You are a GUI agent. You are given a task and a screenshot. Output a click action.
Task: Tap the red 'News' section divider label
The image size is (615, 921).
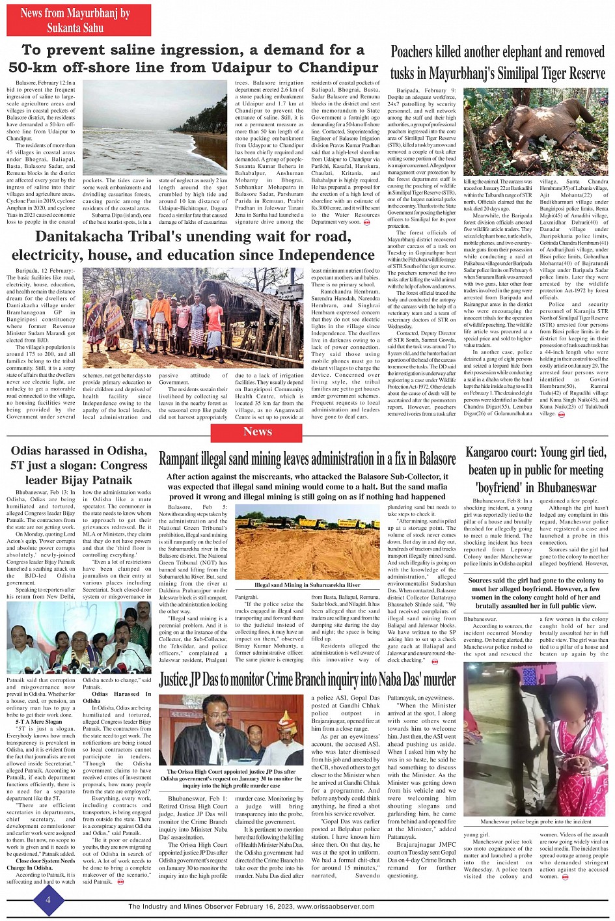tap(258, 432)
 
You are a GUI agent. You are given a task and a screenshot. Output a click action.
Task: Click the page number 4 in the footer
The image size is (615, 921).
tap(48, 900)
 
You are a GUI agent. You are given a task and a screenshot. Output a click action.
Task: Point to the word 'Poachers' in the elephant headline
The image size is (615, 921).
tap(412, 52)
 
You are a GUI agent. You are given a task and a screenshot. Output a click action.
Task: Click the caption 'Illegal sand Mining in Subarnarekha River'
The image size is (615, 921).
tap(307, 585)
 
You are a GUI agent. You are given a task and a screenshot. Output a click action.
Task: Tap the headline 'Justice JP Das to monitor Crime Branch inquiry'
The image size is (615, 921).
tap(307, 680)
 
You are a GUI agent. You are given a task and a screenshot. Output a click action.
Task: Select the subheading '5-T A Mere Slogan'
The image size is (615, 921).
tap(39, 722)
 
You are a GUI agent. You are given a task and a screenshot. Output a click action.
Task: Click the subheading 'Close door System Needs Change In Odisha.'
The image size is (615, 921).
tap(46, 864)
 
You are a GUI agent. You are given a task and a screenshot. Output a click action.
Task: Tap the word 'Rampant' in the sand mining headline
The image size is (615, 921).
tap(183, 459)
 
